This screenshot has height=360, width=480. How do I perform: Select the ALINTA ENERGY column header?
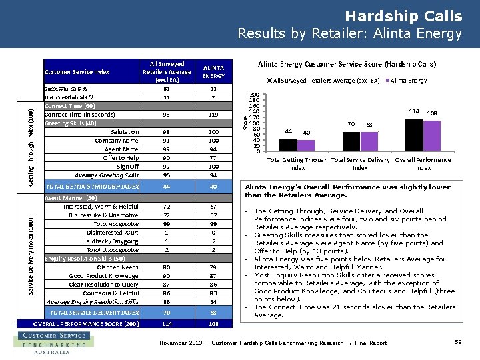tap(213, 72)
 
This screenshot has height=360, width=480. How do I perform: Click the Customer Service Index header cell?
tap(77, 72)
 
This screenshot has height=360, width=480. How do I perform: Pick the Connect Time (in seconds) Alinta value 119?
tap(213, 114)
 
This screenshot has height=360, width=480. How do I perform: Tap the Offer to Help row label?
tap(121, 157)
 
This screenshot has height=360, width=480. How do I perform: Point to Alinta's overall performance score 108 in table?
tap(213, 323)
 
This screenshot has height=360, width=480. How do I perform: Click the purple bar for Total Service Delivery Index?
tap(368, 141)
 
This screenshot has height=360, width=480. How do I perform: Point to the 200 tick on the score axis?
tap(255, 95)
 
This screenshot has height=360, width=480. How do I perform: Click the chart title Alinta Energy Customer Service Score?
tap(347, 65)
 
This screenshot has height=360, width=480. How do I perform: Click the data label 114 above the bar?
tap(414, 111)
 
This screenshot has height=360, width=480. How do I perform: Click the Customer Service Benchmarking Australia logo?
tap(50, 343)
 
